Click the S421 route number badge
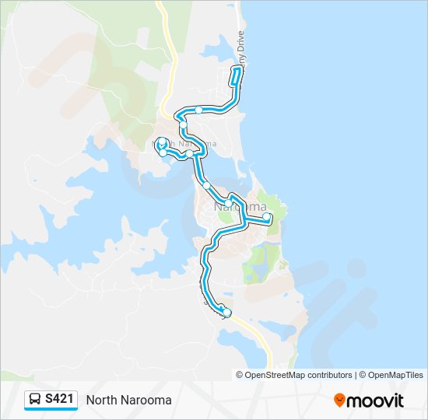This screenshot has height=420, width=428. click(x=60, y=399)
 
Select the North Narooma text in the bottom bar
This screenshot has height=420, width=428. click(x=128, y=400)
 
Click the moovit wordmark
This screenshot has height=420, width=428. click(x=376, y=400)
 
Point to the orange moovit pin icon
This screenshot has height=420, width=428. click(x=339, y=400)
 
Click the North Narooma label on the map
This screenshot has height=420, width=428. click(x=186, y=144)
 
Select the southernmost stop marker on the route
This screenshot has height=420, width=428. click(x=227, y=313)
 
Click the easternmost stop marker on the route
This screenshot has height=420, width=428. click(x=267, y=217)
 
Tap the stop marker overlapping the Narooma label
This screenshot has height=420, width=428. click(x=229, y=204)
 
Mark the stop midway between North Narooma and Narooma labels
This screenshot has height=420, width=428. click(x=206, y=185)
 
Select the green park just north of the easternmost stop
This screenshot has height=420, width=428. click(x=268, y=201)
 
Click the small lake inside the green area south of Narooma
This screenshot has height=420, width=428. click(x=251, y=272)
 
